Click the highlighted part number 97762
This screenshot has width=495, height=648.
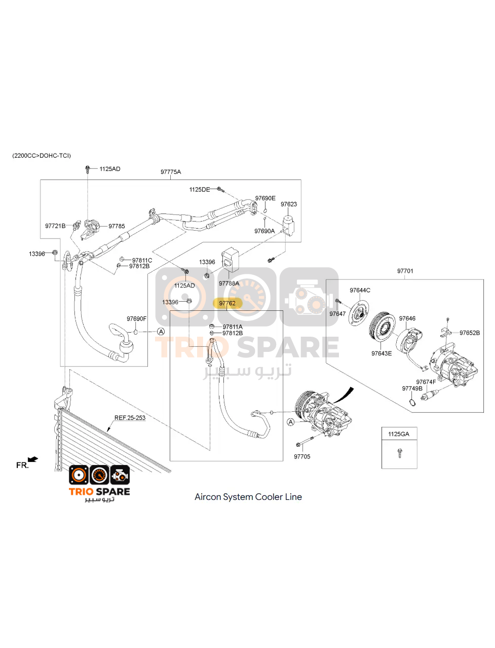click(227, 303)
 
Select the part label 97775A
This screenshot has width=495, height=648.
click(171, 172)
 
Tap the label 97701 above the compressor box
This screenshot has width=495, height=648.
click(405, 271)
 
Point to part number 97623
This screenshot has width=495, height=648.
click(288, 204)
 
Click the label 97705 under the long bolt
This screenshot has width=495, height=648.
click(302, 456)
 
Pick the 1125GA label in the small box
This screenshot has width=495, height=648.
click(399, 434)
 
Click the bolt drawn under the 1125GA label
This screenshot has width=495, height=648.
click(399, 453)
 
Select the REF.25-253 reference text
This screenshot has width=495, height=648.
click(130, 418)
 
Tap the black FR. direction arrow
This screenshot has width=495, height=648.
click(33, 459)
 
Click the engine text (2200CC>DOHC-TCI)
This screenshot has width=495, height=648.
click(42, 156)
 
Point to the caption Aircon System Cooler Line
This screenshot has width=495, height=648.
click(248, 497)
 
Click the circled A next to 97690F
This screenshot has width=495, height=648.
click(161, 332)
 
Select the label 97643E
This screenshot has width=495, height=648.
click(382, 353)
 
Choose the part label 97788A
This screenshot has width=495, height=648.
click(229, 283)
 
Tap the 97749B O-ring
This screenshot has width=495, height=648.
click(413, 402)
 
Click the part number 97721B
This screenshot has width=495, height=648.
click(55, 226)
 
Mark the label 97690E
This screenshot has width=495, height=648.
click(265, 198)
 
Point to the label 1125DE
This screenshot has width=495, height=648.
click(200, 190)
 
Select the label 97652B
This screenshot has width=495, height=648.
click(470, 333)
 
